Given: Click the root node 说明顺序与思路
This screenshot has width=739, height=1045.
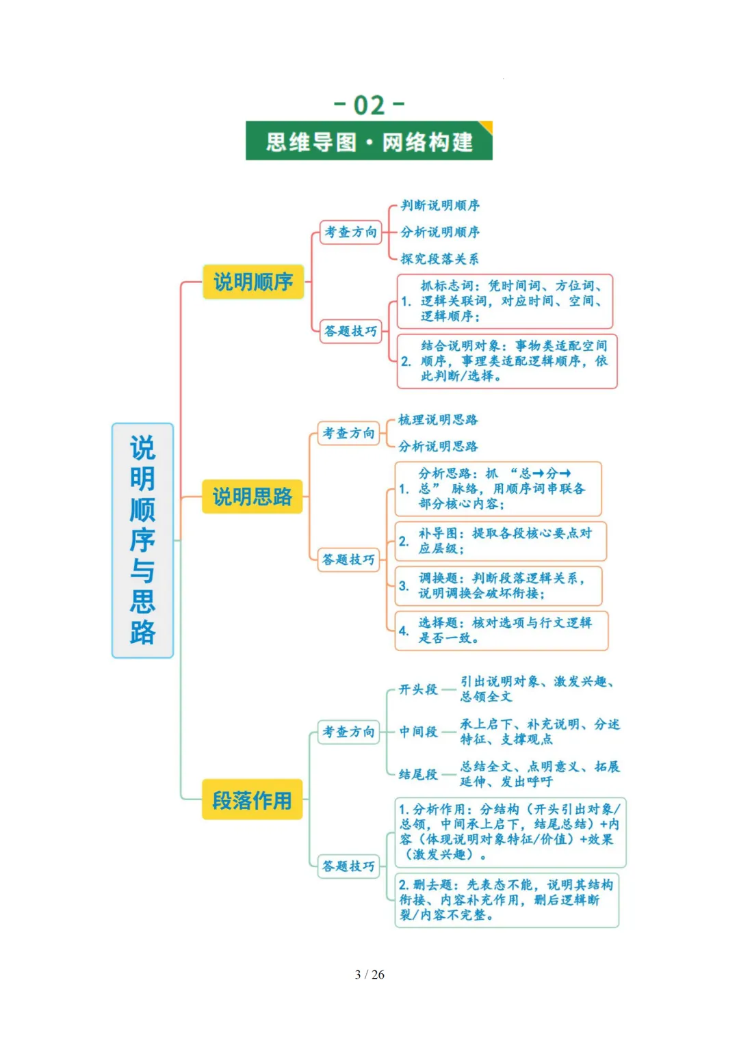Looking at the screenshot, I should click(142, 540).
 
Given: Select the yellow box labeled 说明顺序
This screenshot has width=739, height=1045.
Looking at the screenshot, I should click(253, 282).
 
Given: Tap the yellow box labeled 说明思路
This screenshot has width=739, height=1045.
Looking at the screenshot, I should click(252, 497).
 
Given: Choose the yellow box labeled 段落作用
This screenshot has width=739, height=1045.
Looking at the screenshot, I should click(252, 799).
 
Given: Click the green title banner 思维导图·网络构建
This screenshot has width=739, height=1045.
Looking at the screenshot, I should click(369, 142).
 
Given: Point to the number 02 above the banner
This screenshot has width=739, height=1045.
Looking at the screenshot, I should click(369, 105).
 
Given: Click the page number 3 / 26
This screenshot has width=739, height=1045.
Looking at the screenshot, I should click(369, 975).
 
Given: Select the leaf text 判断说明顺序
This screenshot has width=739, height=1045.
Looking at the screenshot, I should click(440, 205).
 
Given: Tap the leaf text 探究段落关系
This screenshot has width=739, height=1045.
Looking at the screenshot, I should click(440, 259).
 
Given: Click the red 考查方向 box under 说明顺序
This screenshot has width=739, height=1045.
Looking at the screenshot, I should click(350, 232).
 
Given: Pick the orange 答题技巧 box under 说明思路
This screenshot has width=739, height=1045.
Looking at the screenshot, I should click(348, 559).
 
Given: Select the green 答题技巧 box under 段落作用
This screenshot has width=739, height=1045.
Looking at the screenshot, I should click(348, 866).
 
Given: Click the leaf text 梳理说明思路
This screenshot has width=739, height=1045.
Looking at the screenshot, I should click(438, 420).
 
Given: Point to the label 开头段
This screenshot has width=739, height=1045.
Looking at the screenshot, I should click(418, 689).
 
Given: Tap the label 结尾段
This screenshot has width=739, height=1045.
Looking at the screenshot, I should click(418, 774).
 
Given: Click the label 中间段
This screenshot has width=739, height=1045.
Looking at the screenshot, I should click(418, 732).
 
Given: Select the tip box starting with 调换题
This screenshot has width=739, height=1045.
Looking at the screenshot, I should click(499, 586).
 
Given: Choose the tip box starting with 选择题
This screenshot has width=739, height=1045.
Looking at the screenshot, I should click(502, 631).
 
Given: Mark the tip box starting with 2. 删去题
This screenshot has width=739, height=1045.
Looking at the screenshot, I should click(506, 900).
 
